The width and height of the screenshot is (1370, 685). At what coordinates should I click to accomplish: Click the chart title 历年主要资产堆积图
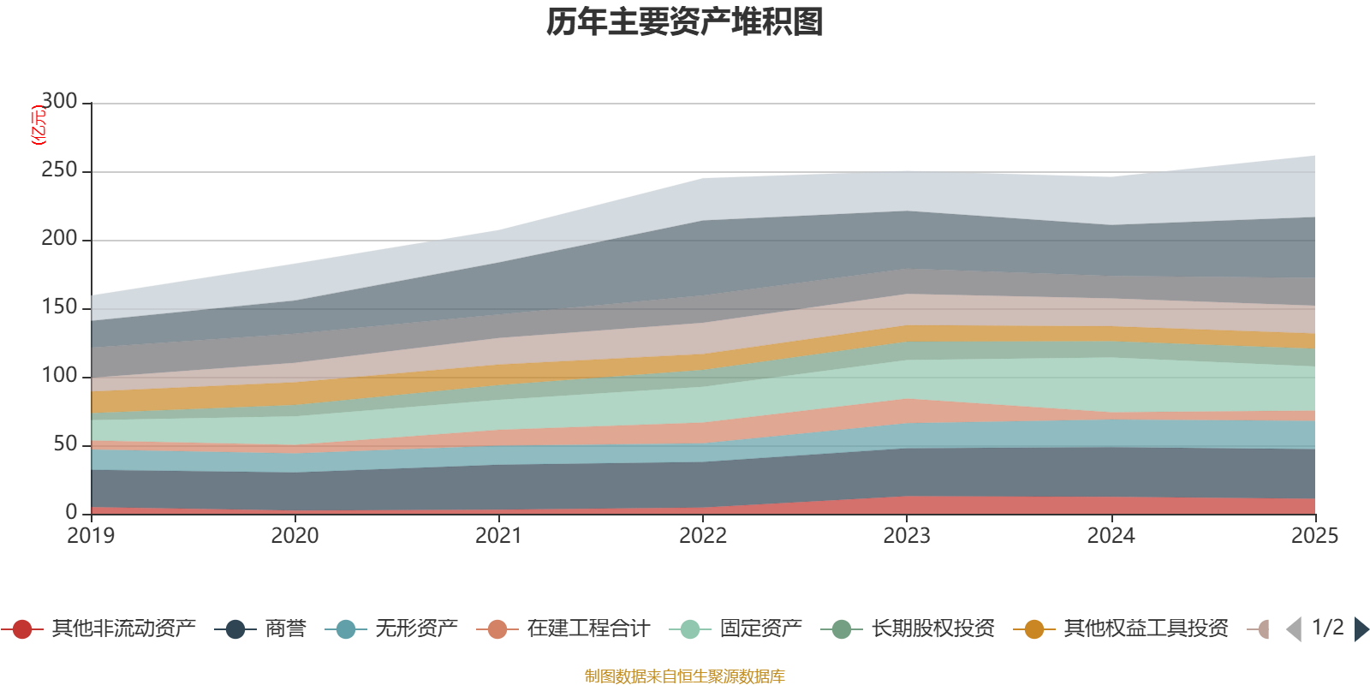[x=685, y=22]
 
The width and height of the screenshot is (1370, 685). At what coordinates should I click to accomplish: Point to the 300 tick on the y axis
[x=59, y=102]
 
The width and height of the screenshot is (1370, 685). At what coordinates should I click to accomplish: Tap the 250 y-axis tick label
[x=59, y=170]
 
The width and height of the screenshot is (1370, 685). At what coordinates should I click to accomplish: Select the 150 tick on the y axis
[x=59, y=307]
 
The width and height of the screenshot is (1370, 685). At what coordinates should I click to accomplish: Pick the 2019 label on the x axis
[x=91, y=536]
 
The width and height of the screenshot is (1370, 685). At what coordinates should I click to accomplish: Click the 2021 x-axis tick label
[x=498, y=536]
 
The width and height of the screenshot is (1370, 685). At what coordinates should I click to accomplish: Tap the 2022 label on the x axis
[x=702, y=536]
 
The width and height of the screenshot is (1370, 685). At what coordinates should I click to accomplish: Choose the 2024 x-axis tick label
[x=1111, y=536]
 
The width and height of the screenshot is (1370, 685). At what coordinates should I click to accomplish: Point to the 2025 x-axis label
[x=1314, y=536]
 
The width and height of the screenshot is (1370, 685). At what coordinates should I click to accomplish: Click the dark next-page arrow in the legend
[x=1361, y=629]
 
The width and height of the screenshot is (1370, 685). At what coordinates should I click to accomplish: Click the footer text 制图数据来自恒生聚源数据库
[x=684, y=676]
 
